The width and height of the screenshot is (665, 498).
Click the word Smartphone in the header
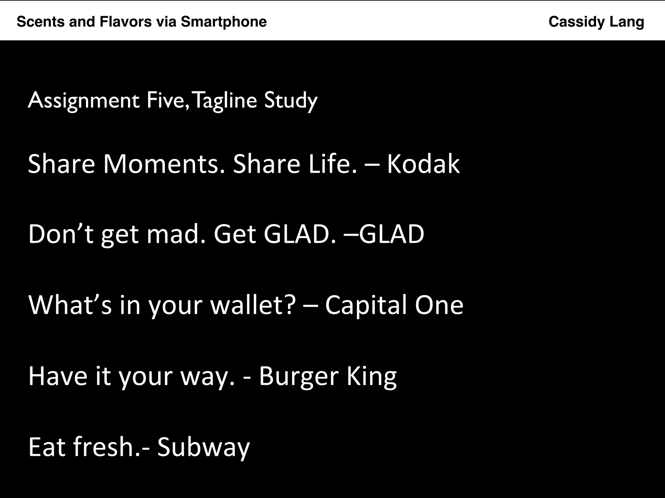point(224,22)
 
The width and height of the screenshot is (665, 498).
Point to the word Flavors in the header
point(126,22)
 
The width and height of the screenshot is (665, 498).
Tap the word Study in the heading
point(291,101)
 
